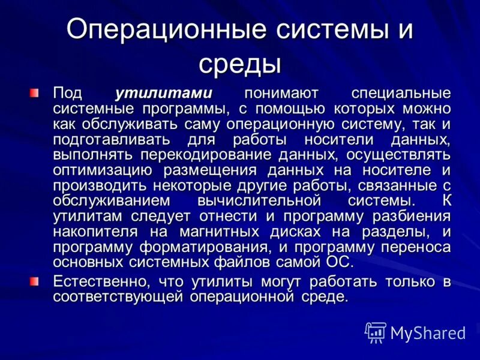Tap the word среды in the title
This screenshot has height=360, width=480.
(x=240, y=64)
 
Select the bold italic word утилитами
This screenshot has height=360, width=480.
(x=163, y=94)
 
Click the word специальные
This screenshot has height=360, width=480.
(x=400, y=94)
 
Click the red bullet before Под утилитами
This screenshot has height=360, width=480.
(x=36, y=94)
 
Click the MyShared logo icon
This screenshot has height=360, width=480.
(x=376, y=332)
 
